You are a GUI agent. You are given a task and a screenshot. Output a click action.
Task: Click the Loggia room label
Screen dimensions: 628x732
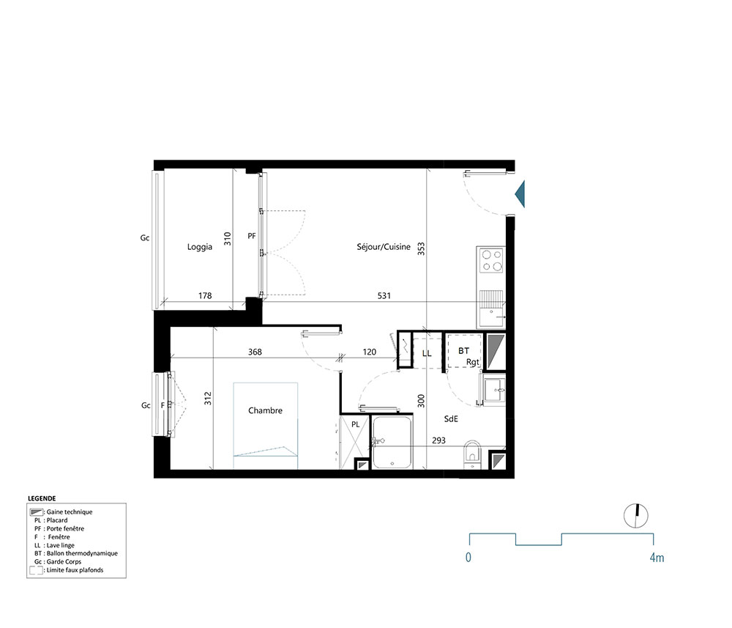pos(200,247)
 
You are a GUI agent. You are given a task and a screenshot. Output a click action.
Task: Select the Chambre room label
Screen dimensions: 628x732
pos(265,411)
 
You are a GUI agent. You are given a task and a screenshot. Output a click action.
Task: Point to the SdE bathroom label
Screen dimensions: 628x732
pos(451,419)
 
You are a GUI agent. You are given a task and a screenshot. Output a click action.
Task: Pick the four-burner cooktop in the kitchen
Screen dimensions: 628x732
pos(490,261)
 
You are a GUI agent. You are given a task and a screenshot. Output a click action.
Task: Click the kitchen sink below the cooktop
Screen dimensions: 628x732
pos(490,308)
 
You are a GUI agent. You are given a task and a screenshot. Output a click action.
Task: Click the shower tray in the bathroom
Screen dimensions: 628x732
pos(392,443)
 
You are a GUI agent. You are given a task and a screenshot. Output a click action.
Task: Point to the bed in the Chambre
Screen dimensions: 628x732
pos(266,426)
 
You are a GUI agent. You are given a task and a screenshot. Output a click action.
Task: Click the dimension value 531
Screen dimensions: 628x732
pos(384,296)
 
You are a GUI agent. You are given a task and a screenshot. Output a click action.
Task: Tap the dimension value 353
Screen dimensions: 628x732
pos(421,249)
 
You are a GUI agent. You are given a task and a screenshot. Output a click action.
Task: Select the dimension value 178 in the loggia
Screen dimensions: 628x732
pos(205,296)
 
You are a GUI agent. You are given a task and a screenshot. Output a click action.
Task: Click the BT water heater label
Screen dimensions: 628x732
pos(463,352)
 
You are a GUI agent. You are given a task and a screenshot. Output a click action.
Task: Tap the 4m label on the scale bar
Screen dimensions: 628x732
pos(657,558)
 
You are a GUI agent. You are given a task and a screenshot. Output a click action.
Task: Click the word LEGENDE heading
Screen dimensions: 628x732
pos(42,498)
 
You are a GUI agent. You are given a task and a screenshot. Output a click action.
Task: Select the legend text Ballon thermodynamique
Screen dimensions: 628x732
pos(82,553)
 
